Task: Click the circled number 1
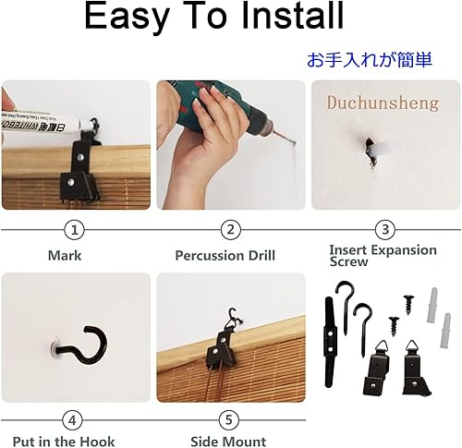[74, 230]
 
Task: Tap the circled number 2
[231, 230]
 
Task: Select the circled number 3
[385, 230]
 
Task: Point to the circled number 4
[72, 420]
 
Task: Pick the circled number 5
[228, 420]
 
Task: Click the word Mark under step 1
[65, 256]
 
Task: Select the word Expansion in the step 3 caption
[404, 250]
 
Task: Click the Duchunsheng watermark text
[383, 103]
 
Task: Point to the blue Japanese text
[370, 59]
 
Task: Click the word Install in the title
[292, 16]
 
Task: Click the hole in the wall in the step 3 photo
[371, 152]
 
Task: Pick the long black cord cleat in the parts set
[330, 341]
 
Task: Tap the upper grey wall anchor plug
[432, 305]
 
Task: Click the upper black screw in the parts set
[408, 304]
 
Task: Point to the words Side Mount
[228, 442]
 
